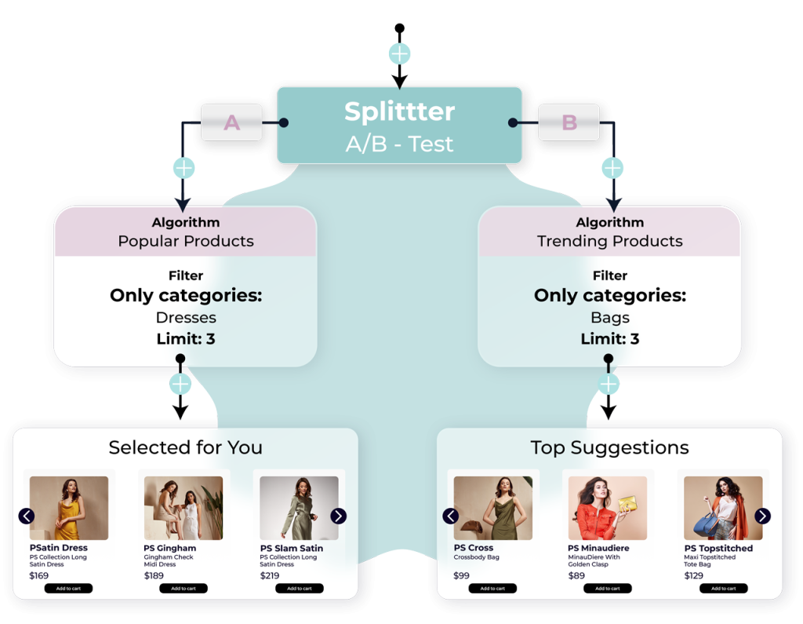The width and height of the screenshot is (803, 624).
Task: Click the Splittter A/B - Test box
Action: [x=399, y=125]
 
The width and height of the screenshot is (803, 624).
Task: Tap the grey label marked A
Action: [x=231, y=122]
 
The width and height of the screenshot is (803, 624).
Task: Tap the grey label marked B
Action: [x=569, y=122]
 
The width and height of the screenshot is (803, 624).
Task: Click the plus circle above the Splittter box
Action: [x=400, y=54]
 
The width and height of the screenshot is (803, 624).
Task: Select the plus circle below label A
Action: [x=183, y=168]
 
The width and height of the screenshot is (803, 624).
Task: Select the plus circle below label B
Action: [x=612, y=168]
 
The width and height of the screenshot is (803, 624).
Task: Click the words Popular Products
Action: [x=186, y=241]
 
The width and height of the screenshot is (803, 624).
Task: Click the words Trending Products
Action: [x=610, y=241]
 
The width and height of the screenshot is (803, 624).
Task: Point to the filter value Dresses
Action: [x=186, y=318]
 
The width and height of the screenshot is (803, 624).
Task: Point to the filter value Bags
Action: [x=610, y=318]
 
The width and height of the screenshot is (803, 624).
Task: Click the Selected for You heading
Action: [x=186, y=447]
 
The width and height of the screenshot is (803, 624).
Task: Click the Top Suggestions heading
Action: [x=610, y=447]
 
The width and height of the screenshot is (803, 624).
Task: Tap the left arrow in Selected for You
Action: [x=27, y=516]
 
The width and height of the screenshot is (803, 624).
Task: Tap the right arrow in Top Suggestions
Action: [x=762, y=516]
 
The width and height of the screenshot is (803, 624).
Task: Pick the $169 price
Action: [x=39, y=575]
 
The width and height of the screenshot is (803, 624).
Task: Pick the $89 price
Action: [x=576, y=575]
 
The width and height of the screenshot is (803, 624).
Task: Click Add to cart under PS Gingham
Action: [x=183, y=589]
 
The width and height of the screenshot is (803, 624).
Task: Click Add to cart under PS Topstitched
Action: [x=723, y=589]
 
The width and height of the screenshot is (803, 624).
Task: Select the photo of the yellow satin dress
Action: [x=69, y=508]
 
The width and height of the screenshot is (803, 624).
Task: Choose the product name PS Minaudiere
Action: [x=601, y=548]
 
